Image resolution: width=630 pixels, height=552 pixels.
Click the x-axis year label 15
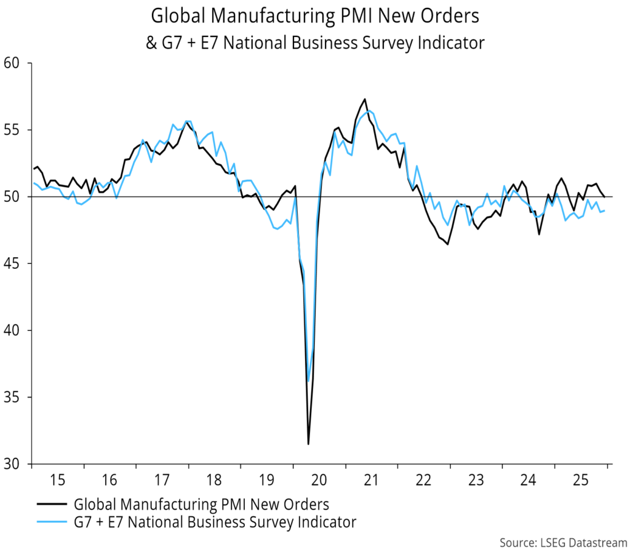click(57, 479)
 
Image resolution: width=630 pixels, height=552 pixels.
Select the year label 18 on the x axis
click(214, 479)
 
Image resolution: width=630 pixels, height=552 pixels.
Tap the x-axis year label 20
click(319, 479)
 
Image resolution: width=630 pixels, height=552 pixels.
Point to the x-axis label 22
click(424, 479)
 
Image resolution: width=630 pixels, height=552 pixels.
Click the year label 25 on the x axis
click(581, 479)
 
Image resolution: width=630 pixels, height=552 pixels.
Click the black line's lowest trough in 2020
click(308, 444)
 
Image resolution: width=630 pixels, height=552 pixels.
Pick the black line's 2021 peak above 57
click(365, 99)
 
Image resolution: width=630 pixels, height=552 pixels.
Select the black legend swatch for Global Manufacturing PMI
click(52, 505)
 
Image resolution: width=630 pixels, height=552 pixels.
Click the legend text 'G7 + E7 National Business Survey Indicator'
click(215, 523)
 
